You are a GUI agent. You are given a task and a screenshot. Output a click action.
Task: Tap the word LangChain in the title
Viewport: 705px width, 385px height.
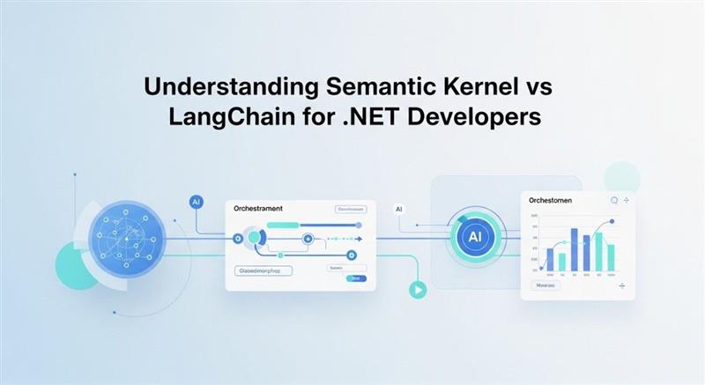(x=233, y=117)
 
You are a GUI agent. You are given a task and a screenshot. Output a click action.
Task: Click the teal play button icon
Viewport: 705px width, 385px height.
(x=417, y=288)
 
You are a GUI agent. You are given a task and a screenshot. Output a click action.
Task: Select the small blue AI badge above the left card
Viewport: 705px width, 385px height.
(x=197, y=202)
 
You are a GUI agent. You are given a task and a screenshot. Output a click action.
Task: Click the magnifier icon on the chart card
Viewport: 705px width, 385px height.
(x=614, y=200)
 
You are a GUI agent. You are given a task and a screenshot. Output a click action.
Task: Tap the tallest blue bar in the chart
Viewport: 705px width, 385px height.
(x=574, y=249)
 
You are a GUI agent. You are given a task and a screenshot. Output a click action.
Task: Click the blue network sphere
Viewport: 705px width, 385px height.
(x=128, y=240)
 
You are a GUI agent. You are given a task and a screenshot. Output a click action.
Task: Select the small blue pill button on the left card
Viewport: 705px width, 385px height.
(x=355, y=278)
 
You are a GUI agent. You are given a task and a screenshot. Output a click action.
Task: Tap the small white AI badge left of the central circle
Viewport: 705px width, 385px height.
(x=398, y=209)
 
